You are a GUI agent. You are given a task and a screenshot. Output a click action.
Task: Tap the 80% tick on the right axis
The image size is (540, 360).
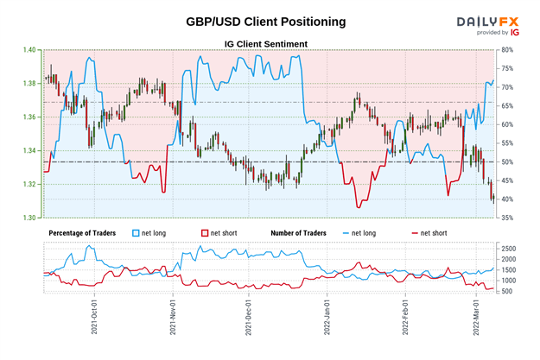click(509, 50)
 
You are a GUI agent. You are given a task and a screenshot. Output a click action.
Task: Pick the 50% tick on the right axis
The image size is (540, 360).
click(509, 162)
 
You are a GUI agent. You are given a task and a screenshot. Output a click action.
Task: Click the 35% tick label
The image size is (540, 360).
click(509, 218)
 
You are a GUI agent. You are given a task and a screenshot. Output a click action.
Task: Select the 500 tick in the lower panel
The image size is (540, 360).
click(509, 291)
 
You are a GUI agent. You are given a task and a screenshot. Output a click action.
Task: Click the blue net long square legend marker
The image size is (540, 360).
click(136, 233)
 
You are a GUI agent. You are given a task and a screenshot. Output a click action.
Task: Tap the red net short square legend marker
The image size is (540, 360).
click(206, 233)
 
